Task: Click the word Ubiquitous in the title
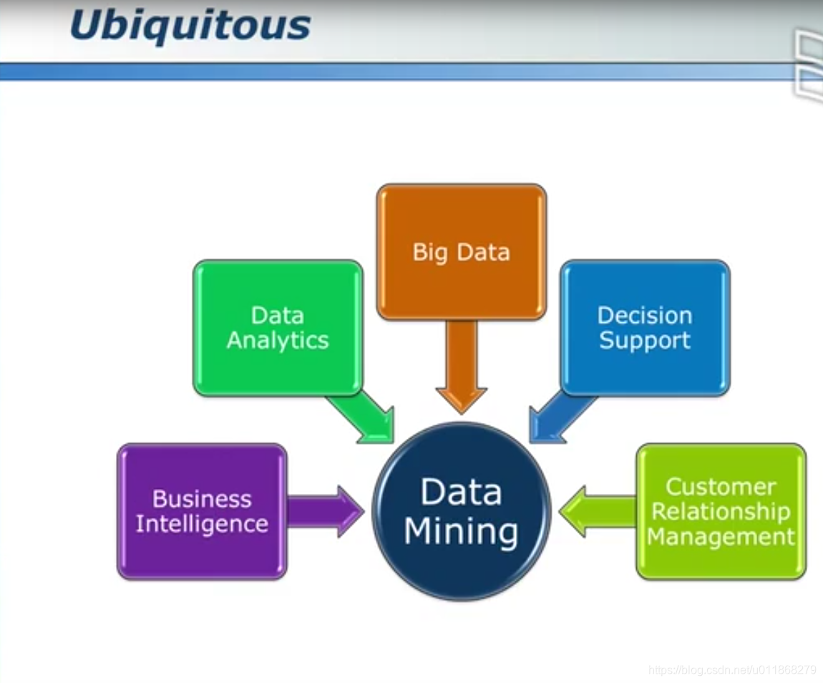click(x=190, y=26)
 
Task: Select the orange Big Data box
click(x=461, y=252)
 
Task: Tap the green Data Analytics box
click(x=278, y=327)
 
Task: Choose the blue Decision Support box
click(x=645, y=327)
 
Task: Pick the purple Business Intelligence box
click(x=202, y=510)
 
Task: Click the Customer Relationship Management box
click(x=721, y=510)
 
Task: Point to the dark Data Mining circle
click(x=461, y=511)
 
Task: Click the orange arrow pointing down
click(x=461, y=365)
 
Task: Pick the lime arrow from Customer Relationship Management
click(x=595, y=511)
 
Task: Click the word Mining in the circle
click(x=461, y=532)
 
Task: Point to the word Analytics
click(x=278, y=340)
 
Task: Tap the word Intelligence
click(x=202, y=523)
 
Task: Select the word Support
click(x=645, y=340)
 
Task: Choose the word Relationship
click(x=721, y=511)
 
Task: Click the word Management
click(x=721, y=536)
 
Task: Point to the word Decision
click(x=645, y=315)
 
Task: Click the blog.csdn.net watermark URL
click(x=731, y=670)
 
